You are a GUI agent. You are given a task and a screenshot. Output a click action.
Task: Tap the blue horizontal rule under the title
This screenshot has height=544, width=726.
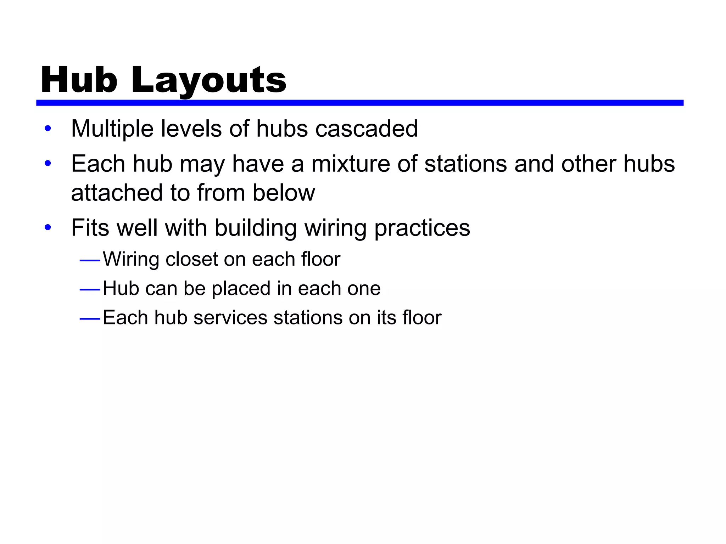tap(359, 103)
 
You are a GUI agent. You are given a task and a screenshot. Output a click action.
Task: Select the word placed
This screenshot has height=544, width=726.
tap(241, 288)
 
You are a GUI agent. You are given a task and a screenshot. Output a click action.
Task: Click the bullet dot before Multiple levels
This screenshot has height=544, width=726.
tap(48, 129)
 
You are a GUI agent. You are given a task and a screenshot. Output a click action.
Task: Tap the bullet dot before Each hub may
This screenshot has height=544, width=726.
tap(48, 164)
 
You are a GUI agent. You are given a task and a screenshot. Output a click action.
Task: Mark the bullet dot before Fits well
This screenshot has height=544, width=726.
tap(48, 228)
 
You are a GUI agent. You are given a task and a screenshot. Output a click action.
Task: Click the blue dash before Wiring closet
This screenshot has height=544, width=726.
tap(90, 261)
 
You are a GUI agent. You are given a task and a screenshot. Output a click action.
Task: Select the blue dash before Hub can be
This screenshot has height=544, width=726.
tap(90, 290)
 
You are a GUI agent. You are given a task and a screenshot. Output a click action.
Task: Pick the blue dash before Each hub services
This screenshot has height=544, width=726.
tap(90, 319)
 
